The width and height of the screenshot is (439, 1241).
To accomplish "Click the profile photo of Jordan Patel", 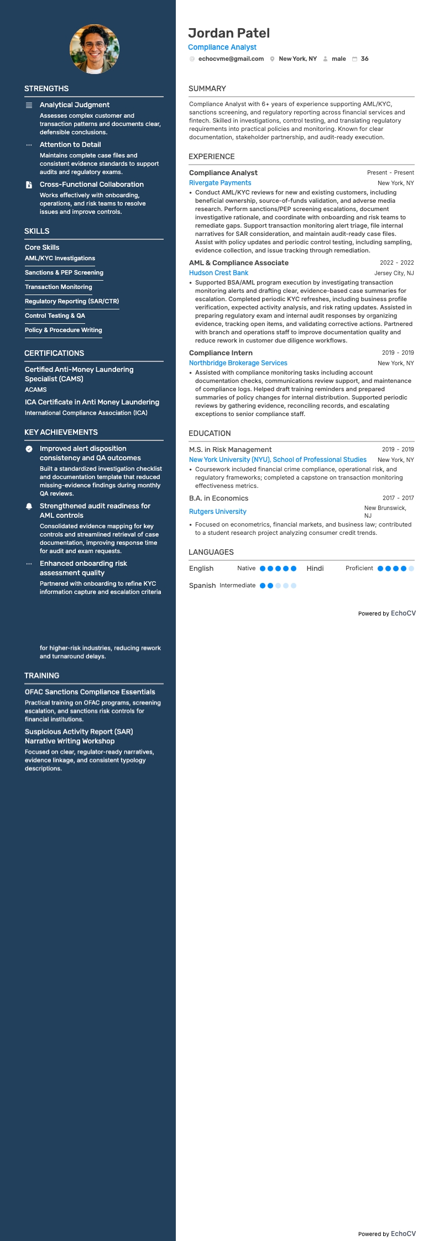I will click(94, 49).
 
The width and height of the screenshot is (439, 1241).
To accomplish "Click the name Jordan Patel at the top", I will click(229, 33).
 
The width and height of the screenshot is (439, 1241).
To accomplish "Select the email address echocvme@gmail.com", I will click(231, 59).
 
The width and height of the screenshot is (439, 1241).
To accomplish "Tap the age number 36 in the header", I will click(364, 59).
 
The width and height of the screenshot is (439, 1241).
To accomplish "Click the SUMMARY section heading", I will click(207, 88).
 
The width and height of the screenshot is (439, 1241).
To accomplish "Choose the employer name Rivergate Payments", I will click(220, 183).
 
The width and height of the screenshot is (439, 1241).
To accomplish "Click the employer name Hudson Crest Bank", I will click(218, 273).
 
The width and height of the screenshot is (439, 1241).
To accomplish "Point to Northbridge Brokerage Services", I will click(238, 363).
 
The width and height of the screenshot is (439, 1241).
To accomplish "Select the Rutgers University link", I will click(217, 512).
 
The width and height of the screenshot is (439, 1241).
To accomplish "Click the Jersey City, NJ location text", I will click(394, 273).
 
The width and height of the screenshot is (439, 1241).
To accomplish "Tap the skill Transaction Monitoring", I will click(59, 287).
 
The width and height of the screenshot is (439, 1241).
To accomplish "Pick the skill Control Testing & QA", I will click(55, 315).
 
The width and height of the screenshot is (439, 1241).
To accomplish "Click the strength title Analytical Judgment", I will click(75, 105).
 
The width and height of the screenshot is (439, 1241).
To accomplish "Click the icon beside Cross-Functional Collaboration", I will click(29, 185).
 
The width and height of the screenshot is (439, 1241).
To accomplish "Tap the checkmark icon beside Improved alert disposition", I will click(29, 449).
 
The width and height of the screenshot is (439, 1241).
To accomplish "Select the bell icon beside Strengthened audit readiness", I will click(29, 506).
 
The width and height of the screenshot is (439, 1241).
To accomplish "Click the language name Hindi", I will click(315, 569).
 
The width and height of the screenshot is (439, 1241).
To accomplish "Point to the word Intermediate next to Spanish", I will click(237, 585).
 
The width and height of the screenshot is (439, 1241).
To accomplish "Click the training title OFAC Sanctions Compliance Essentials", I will click(90, 692).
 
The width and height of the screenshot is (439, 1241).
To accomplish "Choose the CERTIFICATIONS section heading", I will click(54, 353).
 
